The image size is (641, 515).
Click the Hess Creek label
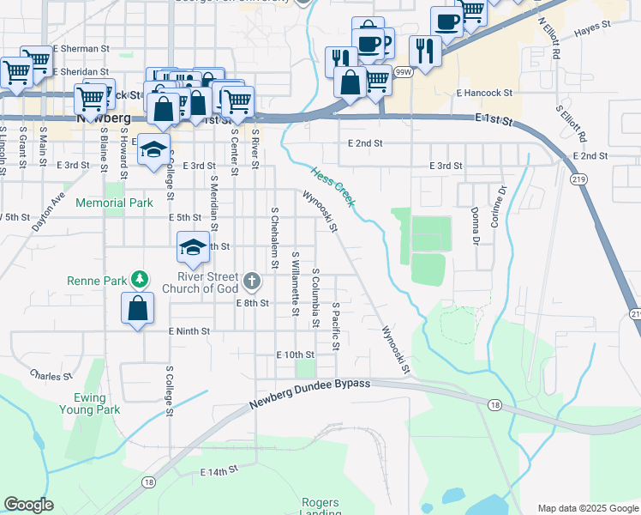(332, 186)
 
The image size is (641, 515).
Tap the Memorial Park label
(114, 203)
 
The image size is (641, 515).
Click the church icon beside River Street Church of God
(252, 280)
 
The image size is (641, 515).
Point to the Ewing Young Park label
(90, 403)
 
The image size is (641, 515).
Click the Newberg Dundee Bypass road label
(309, 393)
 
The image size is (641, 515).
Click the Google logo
(28, 505)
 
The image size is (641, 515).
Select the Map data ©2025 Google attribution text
(587, 508)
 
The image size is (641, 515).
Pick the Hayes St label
(592, 28)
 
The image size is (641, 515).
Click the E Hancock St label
(484, 93)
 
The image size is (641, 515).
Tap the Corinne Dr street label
(495, 208)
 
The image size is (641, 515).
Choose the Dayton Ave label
(48, 213)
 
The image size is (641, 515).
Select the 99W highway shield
(402, 74)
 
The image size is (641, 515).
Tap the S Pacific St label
(336, 326)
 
